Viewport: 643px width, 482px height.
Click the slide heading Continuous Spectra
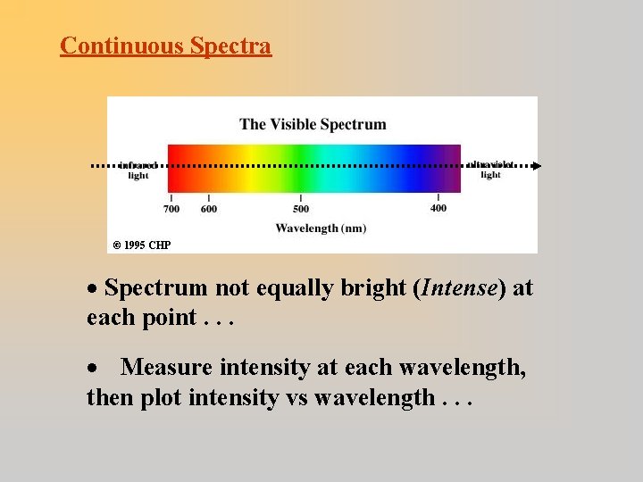click(x=165, y=46)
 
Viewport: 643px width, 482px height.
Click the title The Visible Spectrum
click(x=313, y=124)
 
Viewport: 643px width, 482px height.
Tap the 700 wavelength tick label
click(x=171, y=209)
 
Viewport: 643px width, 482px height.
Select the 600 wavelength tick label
click(x=209, y=209)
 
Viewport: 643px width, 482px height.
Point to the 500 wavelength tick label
click(x=301, y=209)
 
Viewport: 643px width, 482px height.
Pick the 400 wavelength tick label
click(x=438, y=209)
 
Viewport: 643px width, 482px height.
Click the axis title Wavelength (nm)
click(x=321, y=229)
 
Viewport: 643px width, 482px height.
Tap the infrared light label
click(x=138, y=170)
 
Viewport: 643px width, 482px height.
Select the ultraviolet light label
click(x=490, y=170)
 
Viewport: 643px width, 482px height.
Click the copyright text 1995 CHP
click(x=142, y=245)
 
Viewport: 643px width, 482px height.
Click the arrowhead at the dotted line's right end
click(x=536, y=165)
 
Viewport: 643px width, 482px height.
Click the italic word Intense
click(x=462, y=288)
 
